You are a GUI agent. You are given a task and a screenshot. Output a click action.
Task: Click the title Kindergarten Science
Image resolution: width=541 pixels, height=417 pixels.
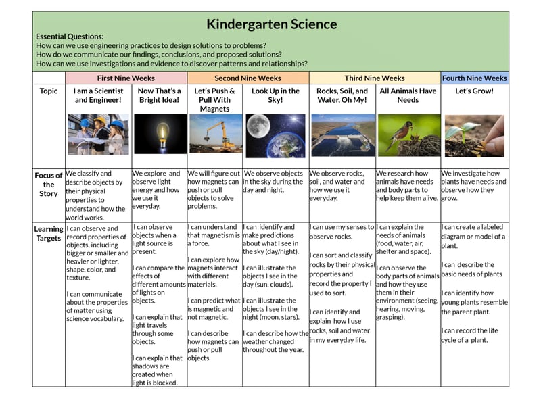click(271, 24)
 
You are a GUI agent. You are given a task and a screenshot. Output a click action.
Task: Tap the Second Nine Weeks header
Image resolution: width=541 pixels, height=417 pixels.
click(248, 78)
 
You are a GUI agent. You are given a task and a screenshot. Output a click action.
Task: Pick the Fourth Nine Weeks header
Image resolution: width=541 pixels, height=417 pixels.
click(474, 78)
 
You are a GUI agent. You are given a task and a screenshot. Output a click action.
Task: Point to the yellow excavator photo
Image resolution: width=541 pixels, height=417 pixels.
click(214, 134)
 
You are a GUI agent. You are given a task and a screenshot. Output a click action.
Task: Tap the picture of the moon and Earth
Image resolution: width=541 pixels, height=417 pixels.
click(275, 134)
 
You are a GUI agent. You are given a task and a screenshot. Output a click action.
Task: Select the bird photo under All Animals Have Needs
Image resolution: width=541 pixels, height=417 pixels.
click(408, 134)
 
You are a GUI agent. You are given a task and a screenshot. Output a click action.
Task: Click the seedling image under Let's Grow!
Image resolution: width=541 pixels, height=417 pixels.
click(473, 134)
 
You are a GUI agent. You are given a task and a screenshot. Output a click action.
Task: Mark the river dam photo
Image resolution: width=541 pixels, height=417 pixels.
click(342, 134)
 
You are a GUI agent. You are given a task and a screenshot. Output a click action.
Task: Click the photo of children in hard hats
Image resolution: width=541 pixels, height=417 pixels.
click(98, 134)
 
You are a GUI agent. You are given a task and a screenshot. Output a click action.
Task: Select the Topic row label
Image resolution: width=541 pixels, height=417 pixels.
click(49, 91)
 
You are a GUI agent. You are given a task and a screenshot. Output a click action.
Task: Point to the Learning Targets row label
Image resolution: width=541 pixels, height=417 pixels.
click(49, 233)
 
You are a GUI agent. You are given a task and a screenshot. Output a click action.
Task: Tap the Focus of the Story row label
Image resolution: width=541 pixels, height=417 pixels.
click(49, 185)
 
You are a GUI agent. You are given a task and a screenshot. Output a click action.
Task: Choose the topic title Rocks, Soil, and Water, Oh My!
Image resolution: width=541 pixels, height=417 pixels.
click(342, 95)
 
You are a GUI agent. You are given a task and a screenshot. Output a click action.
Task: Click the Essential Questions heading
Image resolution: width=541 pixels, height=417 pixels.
click(70, 36)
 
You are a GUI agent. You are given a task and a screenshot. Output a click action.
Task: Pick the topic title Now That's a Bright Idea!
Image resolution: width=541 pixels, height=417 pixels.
click(159, 95)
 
